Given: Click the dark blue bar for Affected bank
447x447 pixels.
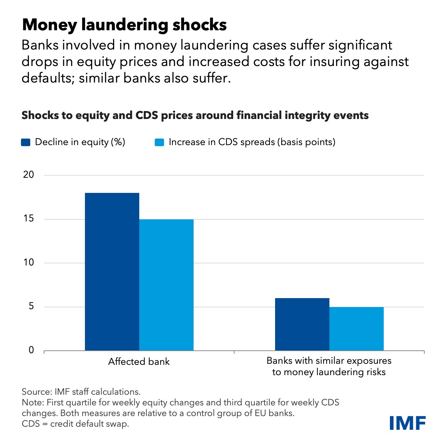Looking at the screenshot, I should coord(112,272).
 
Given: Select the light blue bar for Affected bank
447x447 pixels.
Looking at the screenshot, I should coord(166,285).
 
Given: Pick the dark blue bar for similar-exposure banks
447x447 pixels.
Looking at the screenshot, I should coord(302,324).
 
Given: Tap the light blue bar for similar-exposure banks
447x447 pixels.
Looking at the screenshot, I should coord(357,329).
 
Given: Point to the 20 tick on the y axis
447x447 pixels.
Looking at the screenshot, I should coord(29,175).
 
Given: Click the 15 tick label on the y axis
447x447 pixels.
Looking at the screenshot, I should coord(29,219).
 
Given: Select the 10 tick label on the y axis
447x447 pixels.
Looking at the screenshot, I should coord(29,263).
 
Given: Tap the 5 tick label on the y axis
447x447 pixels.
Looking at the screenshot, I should coord(31,306).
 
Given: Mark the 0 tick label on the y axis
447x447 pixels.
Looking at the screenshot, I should coord(31,350).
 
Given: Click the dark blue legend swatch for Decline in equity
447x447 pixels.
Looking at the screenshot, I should coord(26,142).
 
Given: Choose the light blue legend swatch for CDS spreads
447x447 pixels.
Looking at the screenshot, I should coord(159,142).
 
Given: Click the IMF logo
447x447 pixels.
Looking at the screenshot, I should coord(407,423).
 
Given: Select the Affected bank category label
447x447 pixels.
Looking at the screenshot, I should coord(139,362).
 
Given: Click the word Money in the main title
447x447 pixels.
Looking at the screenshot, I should coord(50,25).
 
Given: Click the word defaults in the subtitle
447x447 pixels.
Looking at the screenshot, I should coord(47,78).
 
